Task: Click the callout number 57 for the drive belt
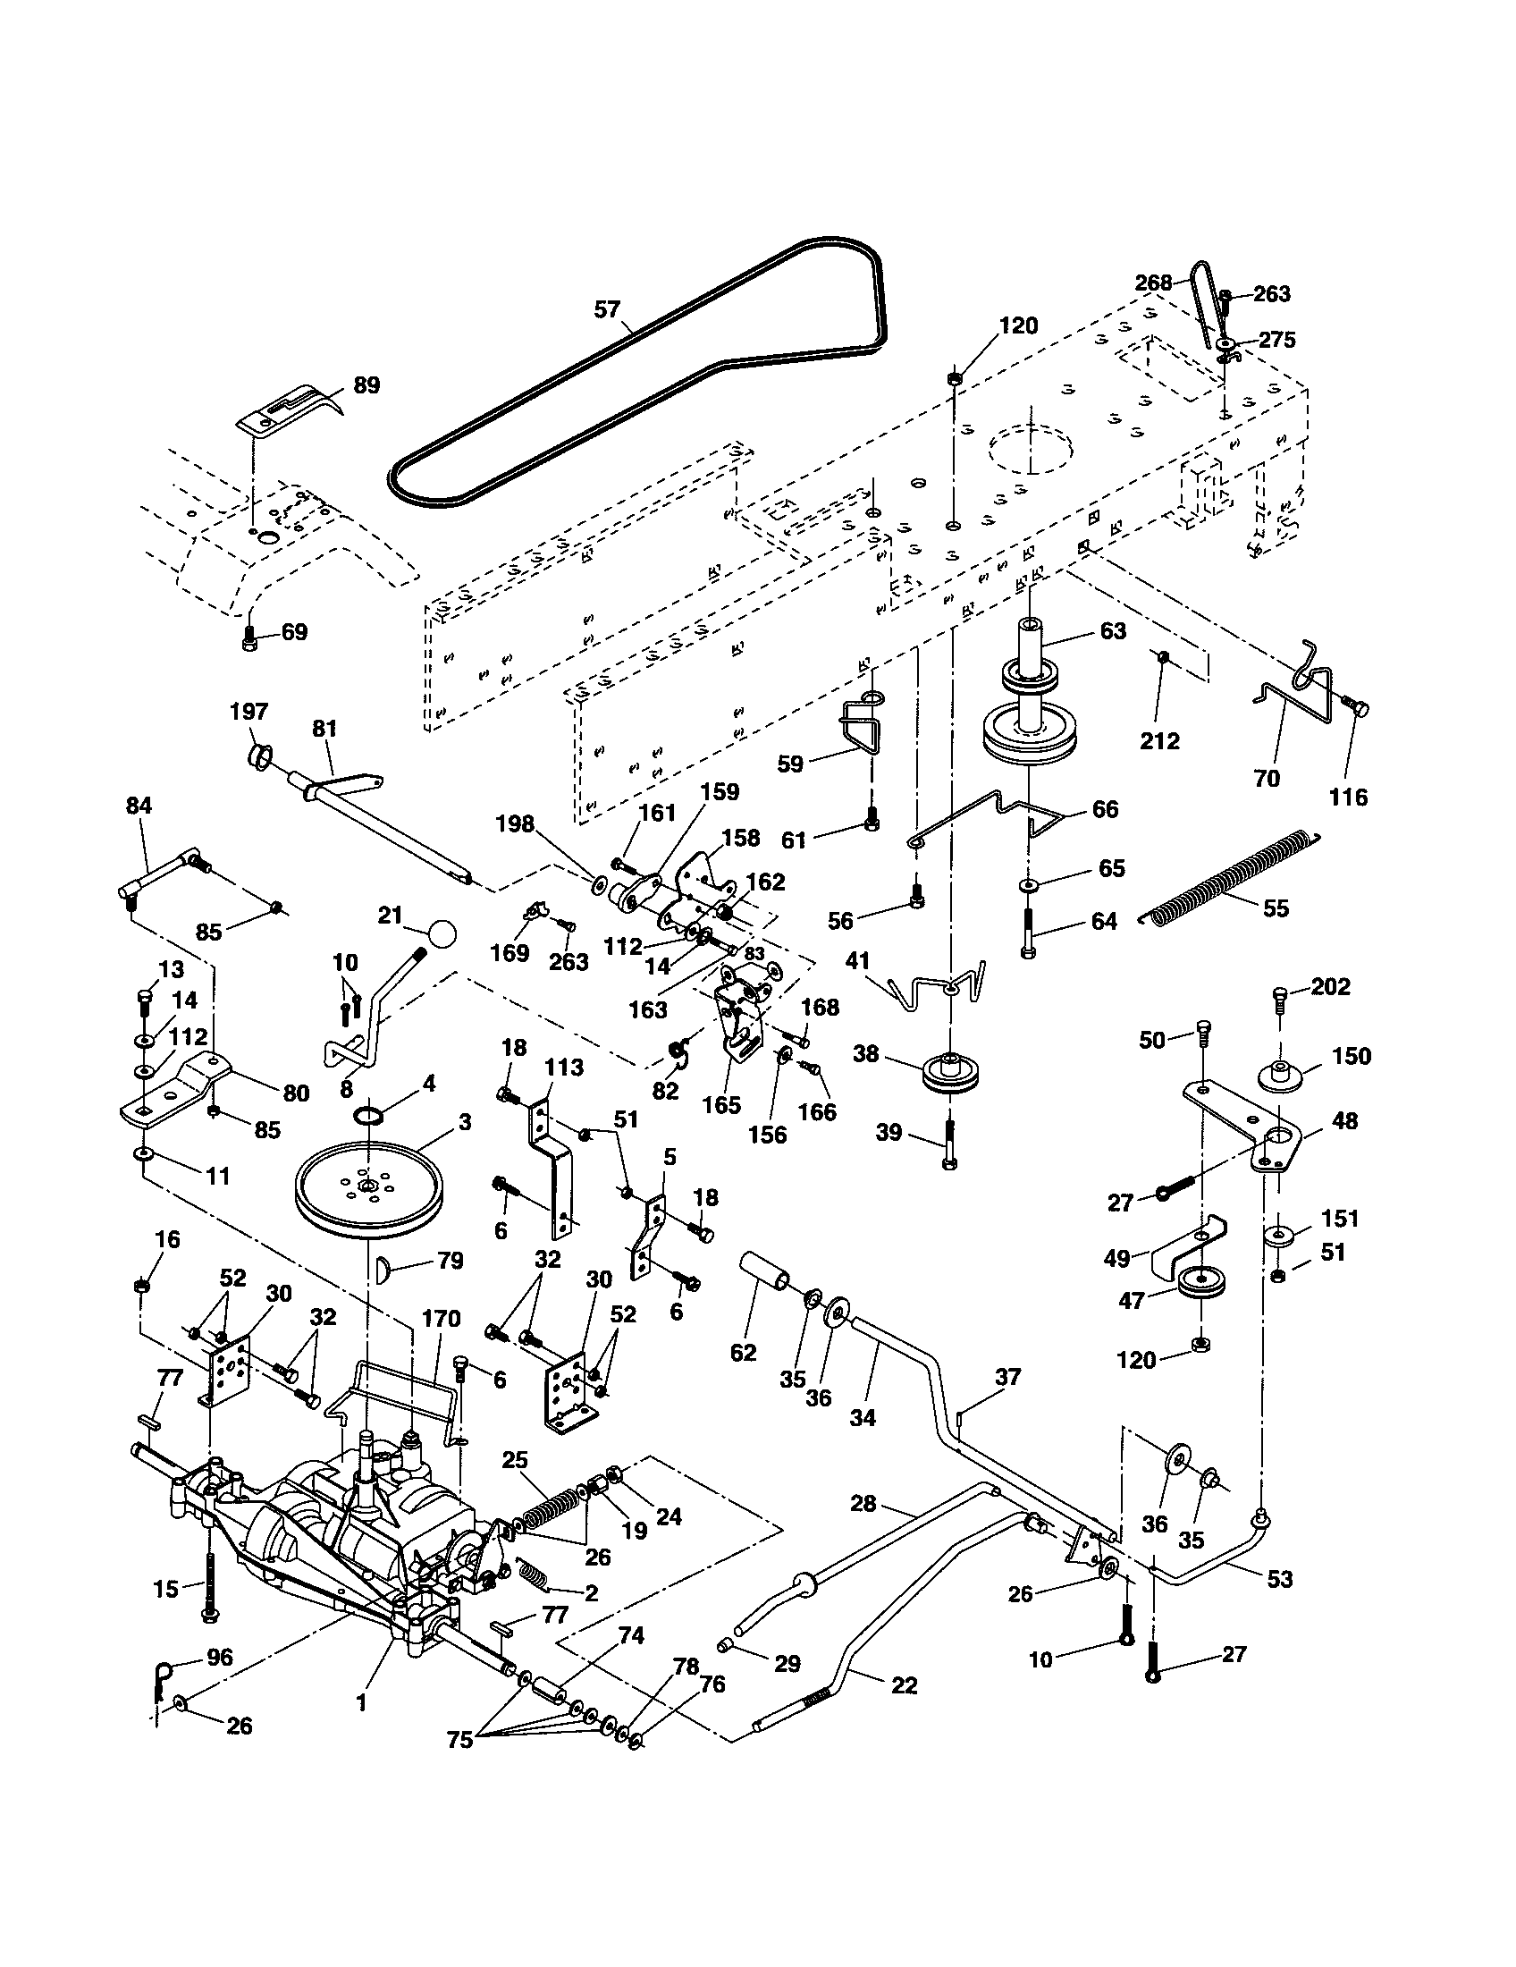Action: click(607, 310)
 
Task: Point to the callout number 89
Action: click(366, 385)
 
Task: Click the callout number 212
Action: click(1159, 740)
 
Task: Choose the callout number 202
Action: click(1331, 987)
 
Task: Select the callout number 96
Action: click(220, 1657)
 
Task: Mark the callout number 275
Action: click(1276, 340)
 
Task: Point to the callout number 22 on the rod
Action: click(903, 1685)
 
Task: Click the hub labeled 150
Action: click(1279, 1076)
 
